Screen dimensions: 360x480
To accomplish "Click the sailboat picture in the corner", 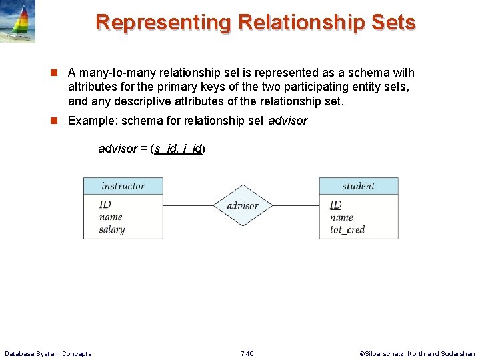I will (17, 21).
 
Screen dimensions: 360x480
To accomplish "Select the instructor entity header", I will (123, 186).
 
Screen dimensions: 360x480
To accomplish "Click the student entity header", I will (358, 186).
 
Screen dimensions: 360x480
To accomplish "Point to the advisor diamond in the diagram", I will (242, 205).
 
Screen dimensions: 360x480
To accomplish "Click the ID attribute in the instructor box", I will (105, 204).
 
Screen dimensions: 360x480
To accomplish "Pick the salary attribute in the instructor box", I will (112, 229).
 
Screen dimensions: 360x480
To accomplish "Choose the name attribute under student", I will (341, 217).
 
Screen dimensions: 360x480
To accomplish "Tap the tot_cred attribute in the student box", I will (347, 229).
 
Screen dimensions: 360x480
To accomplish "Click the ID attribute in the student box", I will (335, 205).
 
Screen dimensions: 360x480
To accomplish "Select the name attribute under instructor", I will (111, 217).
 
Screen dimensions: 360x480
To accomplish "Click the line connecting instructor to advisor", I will (188, 205).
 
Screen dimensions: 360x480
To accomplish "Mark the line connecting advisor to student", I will (295, 205).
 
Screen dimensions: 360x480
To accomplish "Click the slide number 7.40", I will (247, 353).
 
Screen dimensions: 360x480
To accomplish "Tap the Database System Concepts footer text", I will (48, 353).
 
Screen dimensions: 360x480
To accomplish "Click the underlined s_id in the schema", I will (167, 149).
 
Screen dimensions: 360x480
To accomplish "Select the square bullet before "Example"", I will (58, 121).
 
